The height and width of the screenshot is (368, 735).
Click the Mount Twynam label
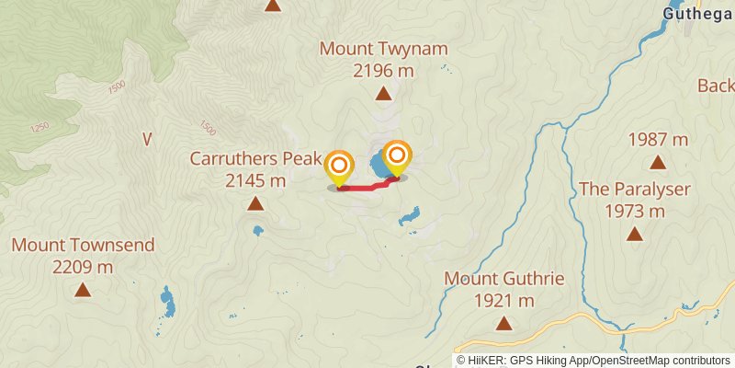[383, 49]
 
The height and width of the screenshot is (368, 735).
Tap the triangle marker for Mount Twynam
[383, 92]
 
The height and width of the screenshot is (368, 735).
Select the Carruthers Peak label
[255, 158]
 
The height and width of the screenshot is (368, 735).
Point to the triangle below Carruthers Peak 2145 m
[255, 203]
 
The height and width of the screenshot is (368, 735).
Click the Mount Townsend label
[83, 246]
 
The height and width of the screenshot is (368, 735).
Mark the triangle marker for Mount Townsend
[83, 290]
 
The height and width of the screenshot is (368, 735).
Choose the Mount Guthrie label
[503, 278]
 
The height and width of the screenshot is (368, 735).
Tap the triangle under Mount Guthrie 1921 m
[503, 322]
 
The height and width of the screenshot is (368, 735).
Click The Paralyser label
[634, 190]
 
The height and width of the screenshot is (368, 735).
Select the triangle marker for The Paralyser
[634, 234]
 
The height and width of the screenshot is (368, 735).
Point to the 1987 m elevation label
[658, 140]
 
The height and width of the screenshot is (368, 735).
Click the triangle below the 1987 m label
[658, 163]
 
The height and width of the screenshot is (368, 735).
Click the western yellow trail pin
[339, 167]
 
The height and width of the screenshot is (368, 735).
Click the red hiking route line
[367, 187]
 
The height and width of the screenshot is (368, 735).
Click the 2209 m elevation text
[83, 267]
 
